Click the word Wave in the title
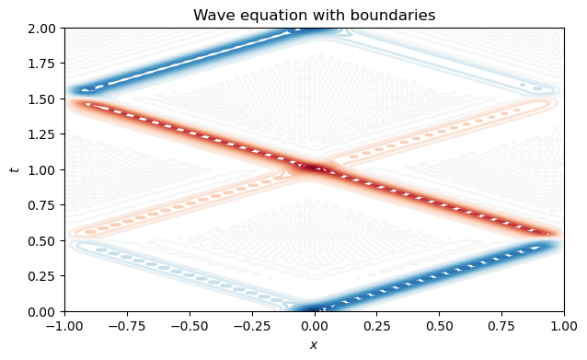213,15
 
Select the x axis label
315,345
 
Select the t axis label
13,169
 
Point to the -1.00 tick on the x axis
64,325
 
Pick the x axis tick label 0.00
315,325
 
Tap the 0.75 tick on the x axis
502,325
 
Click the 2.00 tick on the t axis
43,28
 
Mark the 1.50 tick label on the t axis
43,99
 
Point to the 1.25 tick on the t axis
43,134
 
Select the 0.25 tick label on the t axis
43,276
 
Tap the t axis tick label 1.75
43,64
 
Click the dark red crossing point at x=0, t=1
315,168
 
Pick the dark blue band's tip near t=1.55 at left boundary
83,90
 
